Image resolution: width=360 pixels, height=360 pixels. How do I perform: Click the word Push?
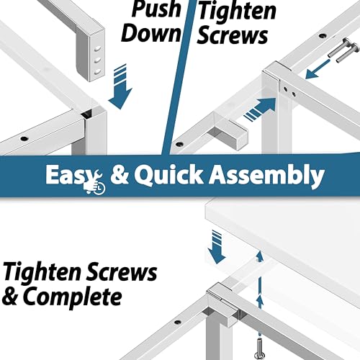click(156, 9)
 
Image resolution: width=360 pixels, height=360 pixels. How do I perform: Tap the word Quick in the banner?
click(168, 175)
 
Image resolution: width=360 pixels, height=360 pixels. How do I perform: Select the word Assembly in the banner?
click(266, 176)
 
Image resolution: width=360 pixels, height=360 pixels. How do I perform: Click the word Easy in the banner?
click(72, 175)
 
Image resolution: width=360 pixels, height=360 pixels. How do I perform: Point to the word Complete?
click(72, 297)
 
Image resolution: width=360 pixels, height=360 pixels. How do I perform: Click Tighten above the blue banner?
click(237, 12)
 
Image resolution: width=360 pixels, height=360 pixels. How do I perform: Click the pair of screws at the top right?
click(343, 51)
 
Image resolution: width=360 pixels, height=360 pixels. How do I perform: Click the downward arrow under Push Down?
click(120, 86)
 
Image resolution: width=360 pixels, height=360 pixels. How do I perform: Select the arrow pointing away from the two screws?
click(318, 70)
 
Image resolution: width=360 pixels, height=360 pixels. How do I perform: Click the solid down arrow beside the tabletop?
click(217, 247)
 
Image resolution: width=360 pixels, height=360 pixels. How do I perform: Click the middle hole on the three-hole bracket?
click(97, 60)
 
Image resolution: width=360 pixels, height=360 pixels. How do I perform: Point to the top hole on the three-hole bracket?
click(98, 49)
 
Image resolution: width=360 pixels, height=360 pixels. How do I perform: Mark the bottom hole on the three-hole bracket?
click(97, 71)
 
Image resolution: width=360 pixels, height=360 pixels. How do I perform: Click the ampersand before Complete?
click(10, 297)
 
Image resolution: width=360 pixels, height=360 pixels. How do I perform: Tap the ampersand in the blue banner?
click(120, 176)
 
